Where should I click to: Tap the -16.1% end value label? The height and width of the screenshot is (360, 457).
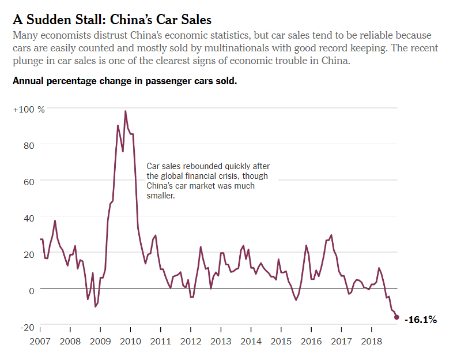point(421,319)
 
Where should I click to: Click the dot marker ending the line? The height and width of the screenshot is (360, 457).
point(396,317)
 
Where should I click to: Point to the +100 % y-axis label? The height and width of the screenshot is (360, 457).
point(29,109)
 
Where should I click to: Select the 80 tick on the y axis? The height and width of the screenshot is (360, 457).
point(29,145)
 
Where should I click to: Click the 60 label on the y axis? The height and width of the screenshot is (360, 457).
point(29,181)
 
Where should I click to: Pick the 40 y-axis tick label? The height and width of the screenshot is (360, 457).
point(29,217)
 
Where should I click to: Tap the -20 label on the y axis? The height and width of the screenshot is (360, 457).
point(27,327)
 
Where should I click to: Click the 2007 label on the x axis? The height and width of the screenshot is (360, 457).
point(40,341)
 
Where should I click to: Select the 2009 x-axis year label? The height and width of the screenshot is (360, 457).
point(100,341)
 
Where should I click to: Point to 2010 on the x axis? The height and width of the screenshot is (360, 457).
point(130,341)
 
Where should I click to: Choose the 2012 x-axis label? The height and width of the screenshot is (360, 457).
point(191,341)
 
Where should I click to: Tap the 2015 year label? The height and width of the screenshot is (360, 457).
point(281,341)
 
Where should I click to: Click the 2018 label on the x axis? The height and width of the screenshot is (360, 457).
point(372,341)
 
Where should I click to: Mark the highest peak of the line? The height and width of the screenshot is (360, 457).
point(126,111)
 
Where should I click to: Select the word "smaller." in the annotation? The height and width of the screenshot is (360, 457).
point(160,196)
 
